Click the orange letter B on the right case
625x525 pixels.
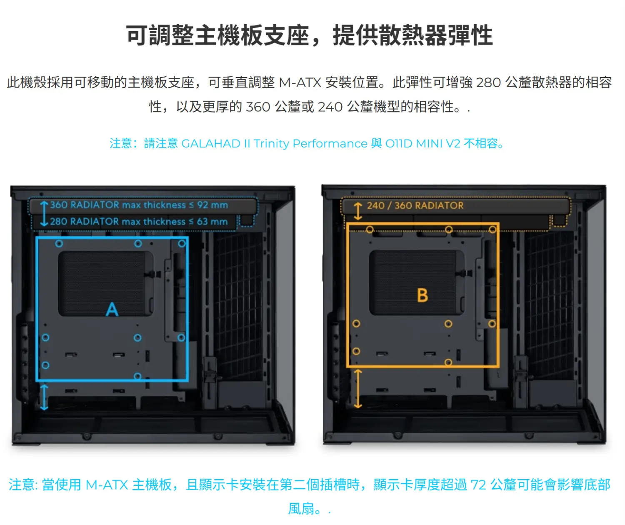[x=422, y=295]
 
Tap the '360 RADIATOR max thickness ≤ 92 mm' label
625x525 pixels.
[x=139, y=205]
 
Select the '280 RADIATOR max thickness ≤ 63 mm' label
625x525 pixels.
[x=139, y=222]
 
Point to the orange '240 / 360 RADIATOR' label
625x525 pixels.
[x=415, y=205]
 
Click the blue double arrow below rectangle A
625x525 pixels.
[x=44, y=397]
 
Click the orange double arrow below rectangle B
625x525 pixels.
[x=357, y=389]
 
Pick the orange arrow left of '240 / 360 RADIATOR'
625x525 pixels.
[x=357, y=211]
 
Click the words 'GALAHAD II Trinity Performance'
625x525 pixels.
[x=274, y=143]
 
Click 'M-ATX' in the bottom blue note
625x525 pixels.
[x=107, y=485]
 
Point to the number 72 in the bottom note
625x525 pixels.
[x=478, y=485]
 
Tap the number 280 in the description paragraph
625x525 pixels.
[x=488, y=82]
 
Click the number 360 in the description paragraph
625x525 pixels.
[x=258, y=107]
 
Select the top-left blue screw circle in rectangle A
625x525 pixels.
[x=59, y=244]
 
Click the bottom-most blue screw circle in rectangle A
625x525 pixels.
[x=137, y=376]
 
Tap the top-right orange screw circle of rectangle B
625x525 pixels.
[x=492, y=230]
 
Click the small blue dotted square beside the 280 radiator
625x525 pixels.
[x=247, y=220]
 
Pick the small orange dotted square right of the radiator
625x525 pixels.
[x=559, y=220]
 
